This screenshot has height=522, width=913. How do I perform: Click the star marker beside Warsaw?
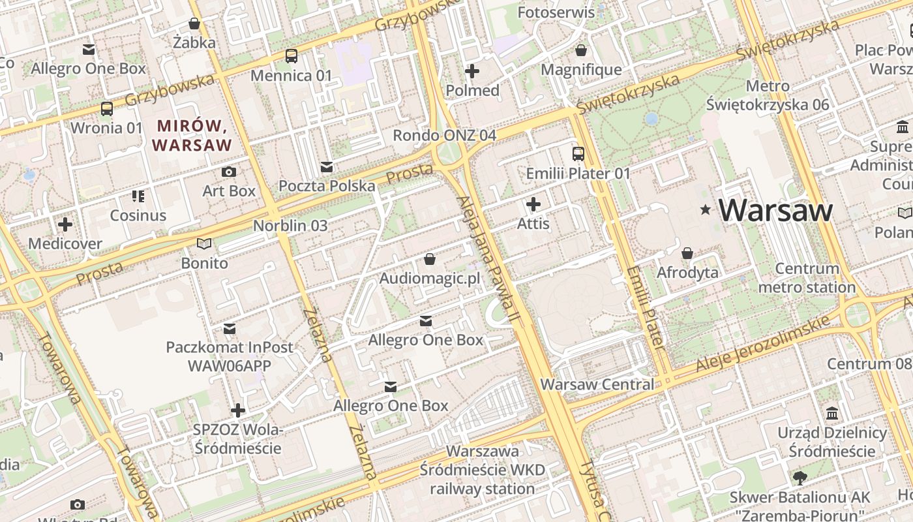[x=705, y=210]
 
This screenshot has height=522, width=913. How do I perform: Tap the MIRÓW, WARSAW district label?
[x=192, y=135]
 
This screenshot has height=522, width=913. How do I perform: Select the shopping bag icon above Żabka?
[x=194, y=24]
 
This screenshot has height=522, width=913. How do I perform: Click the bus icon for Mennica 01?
[x=291, y=56]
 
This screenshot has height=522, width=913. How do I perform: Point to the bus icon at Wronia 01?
[x=106, y=109]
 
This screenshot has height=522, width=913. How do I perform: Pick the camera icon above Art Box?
[x=228, y=172]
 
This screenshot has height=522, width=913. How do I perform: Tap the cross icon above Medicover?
[x=65, y=225]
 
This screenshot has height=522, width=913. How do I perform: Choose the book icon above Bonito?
[x=204, y=244]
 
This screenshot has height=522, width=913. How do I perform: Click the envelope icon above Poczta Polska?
[x=327, y=167]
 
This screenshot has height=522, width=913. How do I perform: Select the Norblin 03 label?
[x=290, y=226]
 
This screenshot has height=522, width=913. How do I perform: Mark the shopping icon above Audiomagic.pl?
[x=429, y=260]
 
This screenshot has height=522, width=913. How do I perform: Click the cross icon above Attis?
[x=533, y=205]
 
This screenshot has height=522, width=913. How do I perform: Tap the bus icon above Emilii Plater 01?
[x=578, y=154]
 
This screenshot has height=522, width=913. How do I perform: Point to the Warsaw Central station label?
[x=597, y=384]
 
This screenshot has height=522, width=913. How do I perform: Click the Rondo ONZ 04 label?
[x=444, y=135]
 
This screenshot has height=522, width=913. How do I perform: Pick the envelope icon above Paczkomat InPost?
[x=230, y=328]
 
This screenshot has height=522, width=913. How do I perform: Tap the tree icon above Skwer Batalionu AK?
[x=800, y=478]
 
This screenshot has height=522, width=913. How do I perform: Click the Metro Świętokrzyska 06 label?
[x=768, y=95]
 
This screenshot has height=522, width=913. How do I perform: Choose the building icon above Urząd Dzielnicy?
[x=832, y=414]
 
